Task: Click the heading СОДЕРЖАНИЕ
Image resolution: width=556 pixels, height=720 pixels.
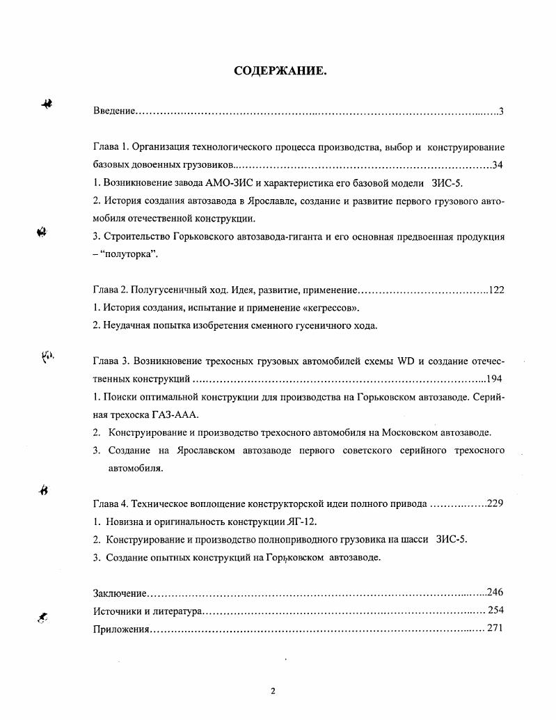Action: click(280, 71)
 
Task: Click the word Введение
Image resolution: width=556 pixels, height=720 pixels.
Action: click(113, 111)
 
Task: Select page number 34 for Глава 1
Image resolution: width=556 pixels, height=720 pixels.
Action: click(498, 165)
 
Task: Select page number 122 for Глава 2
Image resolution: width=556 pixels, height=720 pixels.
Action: click(495, 290)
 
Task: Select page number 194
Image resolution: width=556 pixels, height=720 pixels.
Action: click(495, 379)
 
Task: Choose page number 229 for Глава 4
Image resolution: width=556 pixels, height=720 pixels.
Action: click(495, 504)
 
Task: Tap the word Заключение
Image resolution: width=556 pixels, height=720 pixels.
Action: click(119, 593)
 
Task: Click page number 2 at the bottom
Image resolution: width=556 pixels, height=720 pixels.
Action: click(273, 691)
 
